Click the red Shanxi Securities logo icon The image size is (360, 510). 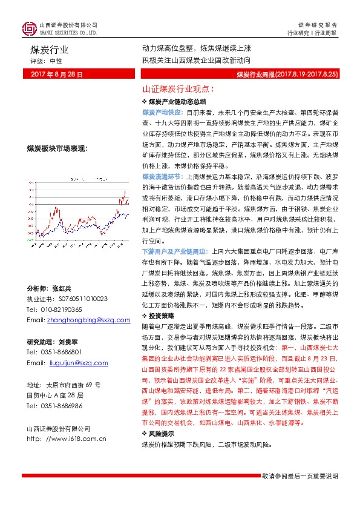29,28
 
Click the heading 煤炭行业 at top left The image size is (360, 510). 50,50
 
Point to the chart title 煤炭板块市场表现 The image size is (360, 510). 57,148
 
